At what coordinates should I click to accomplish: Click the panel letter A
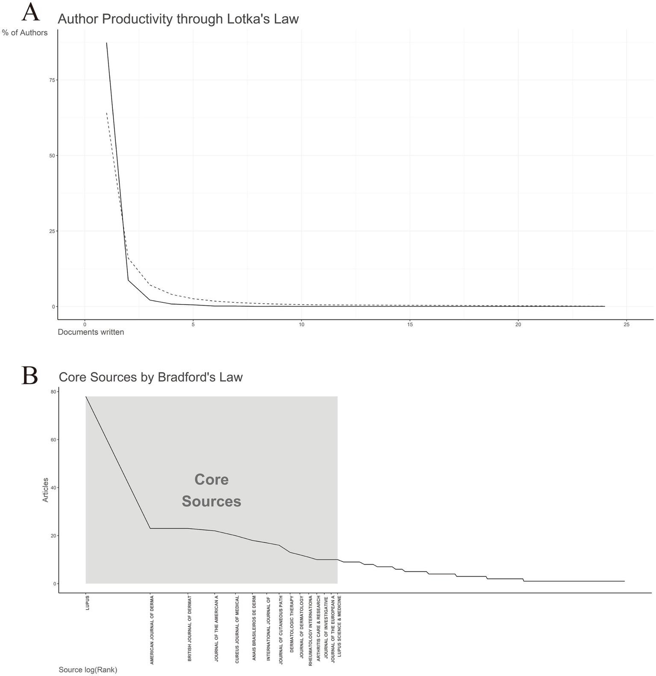tap(30, 13)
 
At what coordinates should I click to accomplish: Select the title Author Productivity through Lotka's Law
tap(178, 19)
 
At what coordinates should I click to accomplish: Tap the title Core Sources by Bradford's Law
tap(150, 377)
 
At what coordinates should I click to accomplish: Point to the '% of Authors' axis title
tap(25, 33)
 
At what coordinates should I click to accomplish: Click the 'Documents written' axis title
tap(91, 332)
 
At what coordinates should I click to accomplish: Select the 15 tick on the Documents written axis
tap(410, 325)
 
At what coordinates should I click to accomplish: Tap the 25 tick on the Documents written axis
tap(627, 325)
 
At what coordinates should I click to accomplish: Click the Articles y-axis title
tap(46, 490)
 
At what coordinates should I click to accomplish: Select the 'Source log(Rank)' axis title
tap(88, 670)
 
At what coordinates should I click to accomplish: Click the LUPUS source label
tap(88, 602)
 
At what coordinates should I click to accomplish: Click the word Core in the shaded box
tap(212, 480)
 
